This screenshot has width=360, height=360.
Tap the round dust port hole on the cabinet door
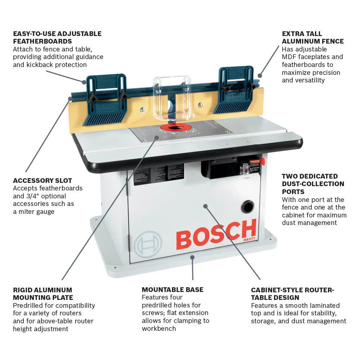tap(247, 207)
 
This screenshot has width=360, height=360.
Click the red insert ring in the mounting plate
tap(176, 127)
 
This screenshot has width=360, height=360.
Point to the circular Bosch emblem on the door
tap(148, 244)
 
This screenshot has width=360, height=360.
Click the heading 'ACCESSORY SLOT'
tap(42, 180)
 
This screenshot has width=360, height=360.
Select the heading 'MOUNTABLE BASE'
tap(172, 289)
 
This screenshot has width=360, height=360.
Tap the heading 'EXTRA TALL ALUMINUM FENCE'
tap(312, 37)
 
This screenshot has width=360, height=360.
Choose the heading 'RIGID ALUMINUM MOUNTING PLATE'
tap(43, 294)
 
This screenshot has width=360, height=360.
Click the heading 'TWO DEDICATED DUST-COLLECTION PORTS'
tap(313, 184)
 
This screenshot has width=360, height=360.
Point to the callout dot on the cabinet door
tap(205, 206)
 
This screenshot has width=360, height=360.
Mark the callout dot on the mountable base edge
tap(193, 257)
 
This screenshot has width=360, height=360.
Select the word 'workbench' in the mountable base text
tap(159, 328)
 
